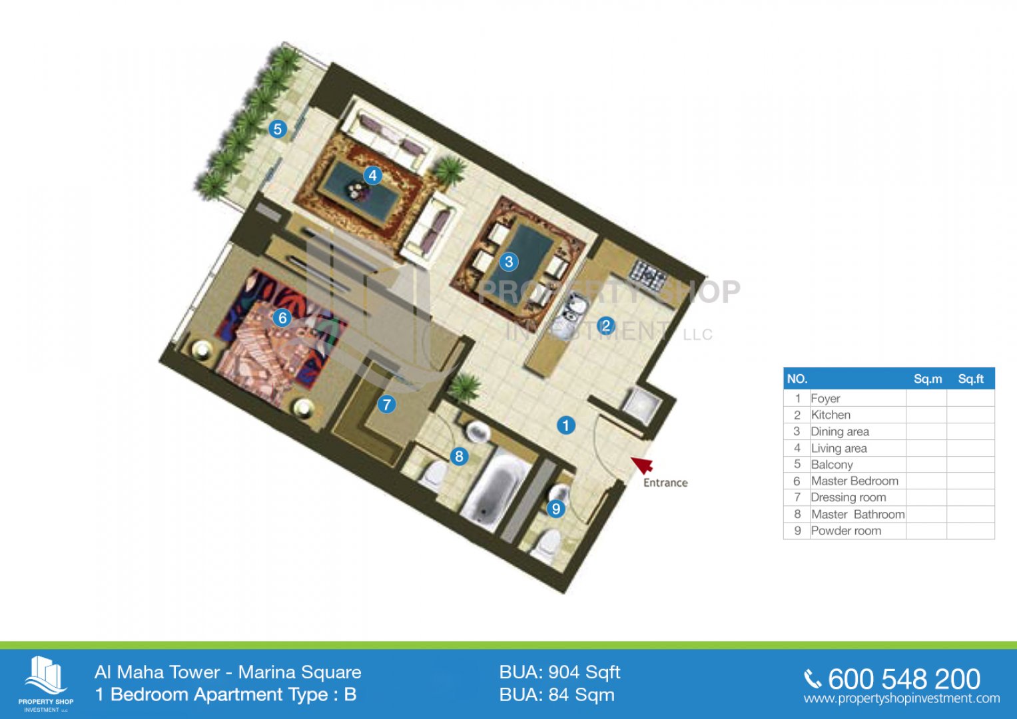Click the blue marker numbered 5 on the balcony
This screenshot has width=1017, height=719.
point(278,129)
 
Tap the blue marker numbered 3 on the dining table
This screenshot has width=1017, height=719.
point(509,262)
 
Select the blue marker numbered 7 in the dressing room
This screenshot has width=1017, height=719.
point(386,405)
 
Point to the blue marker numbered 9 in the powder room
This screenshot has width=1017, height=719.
point(555,509)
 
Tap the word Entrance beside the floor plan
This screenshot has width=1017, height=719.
point(665,483)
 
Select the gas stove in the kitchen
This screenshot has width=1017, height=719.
point(647,273)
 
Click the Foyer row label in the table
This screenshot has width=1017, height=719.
point(825,399)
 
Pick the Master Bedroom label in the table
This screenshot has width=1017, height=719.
point(854,481)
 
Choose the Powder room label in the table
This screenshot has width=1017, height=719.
point(846,531)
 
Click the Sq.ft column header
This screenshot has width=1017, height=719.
point(970,379)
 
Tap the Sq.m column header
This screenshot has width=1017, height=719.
point(928,379)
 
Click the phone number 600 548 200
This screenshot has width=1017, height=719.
point(904,679)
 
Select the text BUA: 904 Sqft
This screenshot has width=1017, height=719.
point(559,672)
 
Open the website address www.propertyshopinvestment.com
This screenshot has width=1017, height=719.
point(902,698)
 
